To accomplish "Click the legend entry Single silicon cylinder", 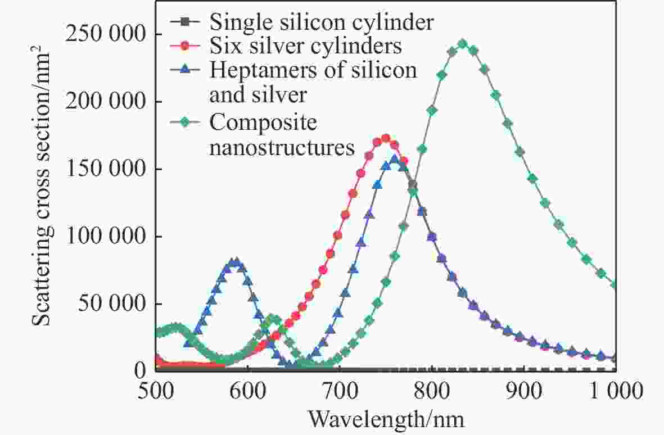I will pos(321,22).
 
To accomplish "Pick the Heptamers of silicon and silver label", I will pos(313,82).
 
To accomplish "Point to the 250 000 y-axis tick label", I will pos(105,35).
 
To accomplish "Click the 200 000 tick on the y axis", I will pos(105,102).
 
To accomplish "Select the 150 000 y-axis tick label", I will pos(105,169).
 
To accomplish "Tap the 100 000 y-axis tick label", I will pos(105,237).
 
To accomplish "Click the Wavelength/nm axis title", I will pos(386,419).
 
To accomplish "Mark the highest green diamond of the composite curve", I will pos(463,44).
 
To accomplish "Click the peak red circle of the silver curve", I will pos(386,138).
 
